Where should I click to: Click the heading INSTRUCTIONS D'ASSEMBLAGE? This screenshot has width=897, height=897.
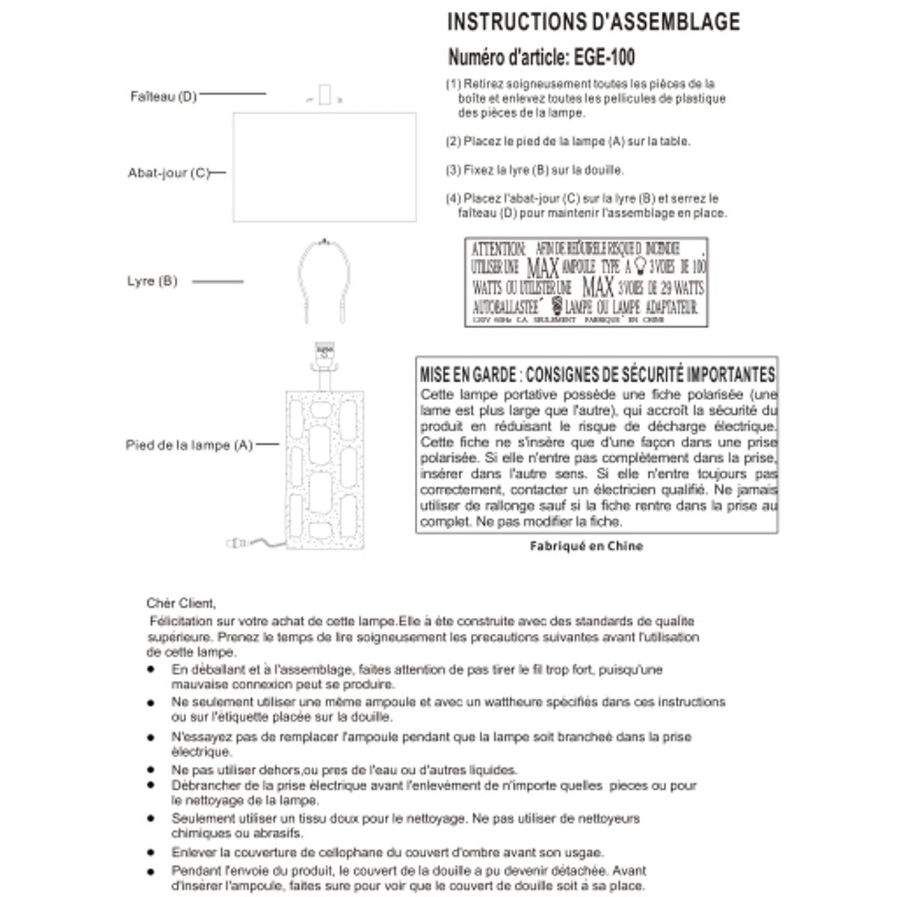tap(594, 22)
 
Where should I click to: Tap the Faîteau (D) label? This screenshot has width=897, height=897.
tap(163, 96)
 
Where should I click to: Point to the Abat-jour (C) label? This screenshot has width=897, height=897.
tap(168, 173)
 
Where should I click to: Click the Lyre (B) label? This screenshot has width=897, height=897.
tap(152, 282)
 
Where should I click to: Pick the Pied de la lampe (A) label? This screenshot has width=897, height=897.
tap(189, 446)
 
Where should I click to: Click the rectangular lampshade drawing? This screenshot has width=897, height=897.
tap(324, 167)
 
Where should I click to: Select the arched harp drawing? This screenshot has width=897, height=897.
tap(324, 280)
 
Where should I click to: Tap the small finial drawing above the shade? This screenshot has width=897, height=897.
tap(324, 96)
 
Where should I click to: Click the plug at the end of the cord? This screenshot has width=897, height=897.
tap(234, 543)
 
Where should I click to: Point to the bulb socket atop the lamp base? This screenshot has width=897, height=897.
tap(324, 353)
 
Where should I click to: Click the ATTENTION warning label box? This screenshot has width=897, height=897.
tap(586, 282)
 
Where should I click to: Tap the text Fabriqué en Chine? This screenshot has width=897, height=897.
tap(586, 546)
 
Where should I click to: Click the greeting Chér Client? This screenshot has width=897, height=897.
tap(181, 603)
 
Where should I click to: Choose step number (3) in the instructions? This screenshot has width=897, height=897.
tap(453, 170)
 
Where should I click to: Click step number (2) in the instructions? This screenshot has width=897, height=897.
tap(453, 141)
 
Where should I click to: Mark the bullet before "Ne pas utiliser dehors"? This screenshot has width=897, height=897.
tap(152, 770)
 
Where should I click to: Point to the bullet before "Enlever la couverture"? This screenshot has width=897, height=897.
tap(152, 853)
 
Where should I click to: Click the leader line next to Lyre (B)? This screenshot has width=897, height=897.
tap(218, 282)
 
